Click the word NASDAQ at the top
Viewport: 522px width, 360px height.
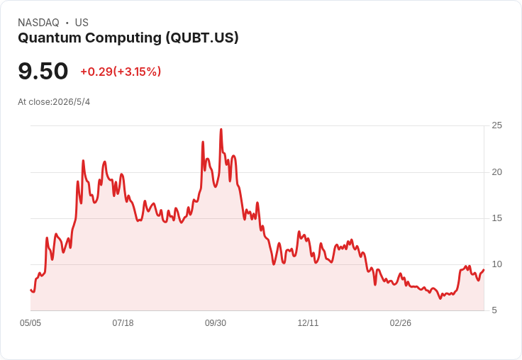pyautogui.click(x=38, y=23)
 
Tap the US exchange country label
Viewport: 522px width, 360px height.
pyautogui.click(x=82, y=23)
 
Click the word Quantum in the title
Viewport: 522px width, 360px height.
pyautogui.click(x=50, y=38)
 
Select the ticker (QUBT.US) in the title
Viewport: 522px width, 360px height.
pyautogui.click(x=202, y=38)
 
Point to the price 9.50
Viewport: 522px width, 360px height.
pyautogui.click(x=43, y=71)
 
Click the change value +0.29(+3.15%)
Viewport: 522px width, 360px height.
pyautogui.click(x=121, y=72)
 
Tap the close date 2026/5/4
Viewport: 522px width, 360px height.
pyautogui.click(x=71, y=102)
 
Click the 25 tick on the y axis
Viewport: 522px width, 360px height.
pyautogui.click(x=497, y=125)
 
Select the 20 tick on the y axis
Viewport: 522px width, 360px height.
pyautogui.click(x=497, y=172)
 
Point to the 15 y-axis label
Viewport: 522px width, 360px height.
pyautogui.click(x=497, y=218)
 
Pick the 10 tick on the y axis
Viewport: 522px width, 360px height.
pyautogui.click(x=497, y=264)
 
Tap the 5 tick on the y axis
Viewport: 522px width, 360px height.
pyautogui.click(x=494, y=310)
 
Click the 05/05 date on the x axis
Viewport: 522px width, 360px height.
pyautogui.click(x=30, y=323)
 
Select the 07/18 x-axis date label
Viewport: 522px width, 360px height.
pyautogui.click(x=123, y=323)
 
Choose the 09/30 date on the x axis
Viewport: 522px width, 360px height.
pyautogui.click(x=216, y=323)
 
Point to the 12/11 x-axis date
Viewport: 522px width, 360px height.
pyautogui.click(x=308, y=323)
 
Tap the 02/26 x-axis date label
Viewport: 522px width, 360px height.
pyautogui.click(x=401, y=323)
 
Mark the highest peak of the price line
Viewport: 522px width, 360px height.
pyautogui.click(x=221, y=130)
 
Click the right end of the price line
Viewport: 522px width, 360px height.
pyautogui.click(x=484, y=270)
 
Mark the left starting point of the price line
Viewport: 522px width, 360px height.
pyautogui.click(x=30, y=290)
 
